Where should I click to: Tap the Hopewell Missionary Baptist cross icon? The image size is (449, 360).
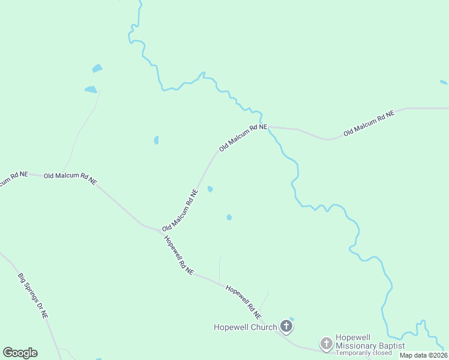(326, 344)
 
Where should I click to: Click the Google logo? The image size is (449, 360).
(20, 353)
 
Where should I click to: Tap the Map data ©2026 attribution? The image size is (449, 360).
(424, 355)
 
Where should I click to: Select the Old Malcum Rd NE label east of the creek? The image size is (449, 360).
(369, 123)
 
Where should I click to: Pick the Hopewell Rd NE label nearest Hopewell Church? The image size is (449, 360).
(244, 301)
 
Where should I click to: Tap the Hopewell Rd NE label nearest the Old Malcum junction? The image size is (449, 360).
(179, 254)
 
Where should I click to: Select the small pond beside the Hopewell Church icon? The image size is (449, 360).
(292, 319)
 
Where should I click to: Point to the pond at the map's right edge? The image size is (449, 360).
(444, 82)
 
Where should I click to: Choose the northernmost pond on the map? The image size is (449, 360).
(97, 68)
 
